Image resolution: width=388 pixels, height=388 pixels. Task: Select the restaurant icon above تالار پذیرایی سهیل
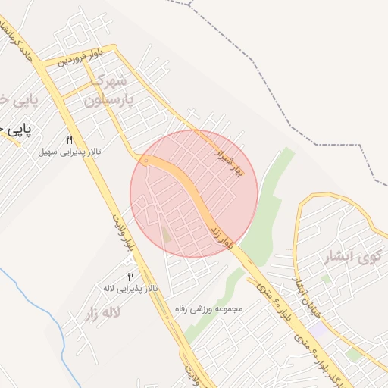[69, 139]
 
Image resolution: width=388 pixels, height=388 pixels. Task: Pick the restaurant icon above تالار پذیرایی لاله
[130, 277]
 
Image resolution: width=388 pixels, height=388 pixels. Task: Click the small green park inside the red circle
[166, 235]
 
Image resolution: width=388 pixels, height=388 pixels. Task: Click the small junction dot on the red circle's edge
[145, 161]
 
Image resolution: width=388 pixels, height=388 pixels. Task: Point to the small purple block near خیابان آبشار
[321, 330]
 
